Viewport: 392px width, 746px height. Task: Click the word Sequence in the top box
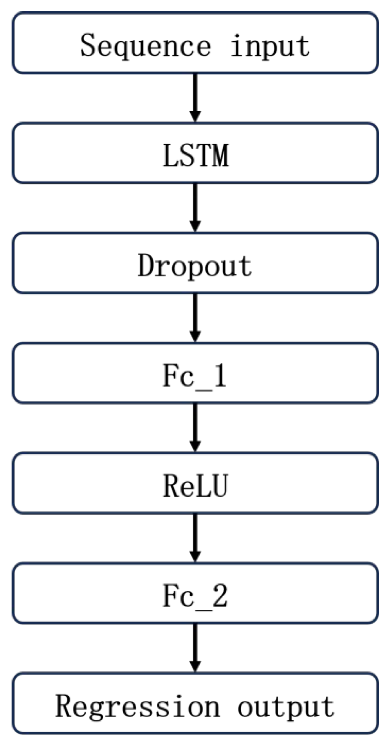pos(146,46)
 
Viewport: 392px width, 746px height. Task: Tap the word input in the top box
pos(270,46)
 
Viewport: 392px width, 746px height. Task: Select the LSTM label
pos(196,155)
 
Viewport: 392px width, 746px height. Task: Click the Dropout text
pos(194,266)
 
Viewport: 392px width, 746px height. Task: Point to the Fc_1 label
pos(194,376)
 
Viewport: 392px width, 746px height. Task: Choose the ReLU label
pos(195,486)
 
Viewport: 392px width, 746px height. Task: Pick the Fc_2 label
pos(195,596)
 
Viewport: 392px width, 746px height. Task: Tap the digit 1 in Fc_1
pos(220,376)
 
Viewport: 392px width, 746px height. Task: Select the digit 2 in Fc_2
pos(220,596)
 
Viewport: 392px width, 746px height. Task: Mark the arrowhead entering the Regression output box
pos(195,666)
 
